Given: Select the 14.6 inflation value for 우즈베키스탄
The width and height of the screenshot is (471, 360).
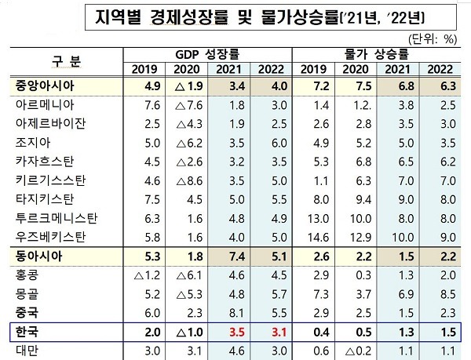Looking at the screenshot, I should (x=318, y=235).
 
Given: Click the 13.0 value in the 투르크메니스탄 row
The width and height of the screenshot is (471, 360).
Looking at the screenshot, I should (x=318, y=217).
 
